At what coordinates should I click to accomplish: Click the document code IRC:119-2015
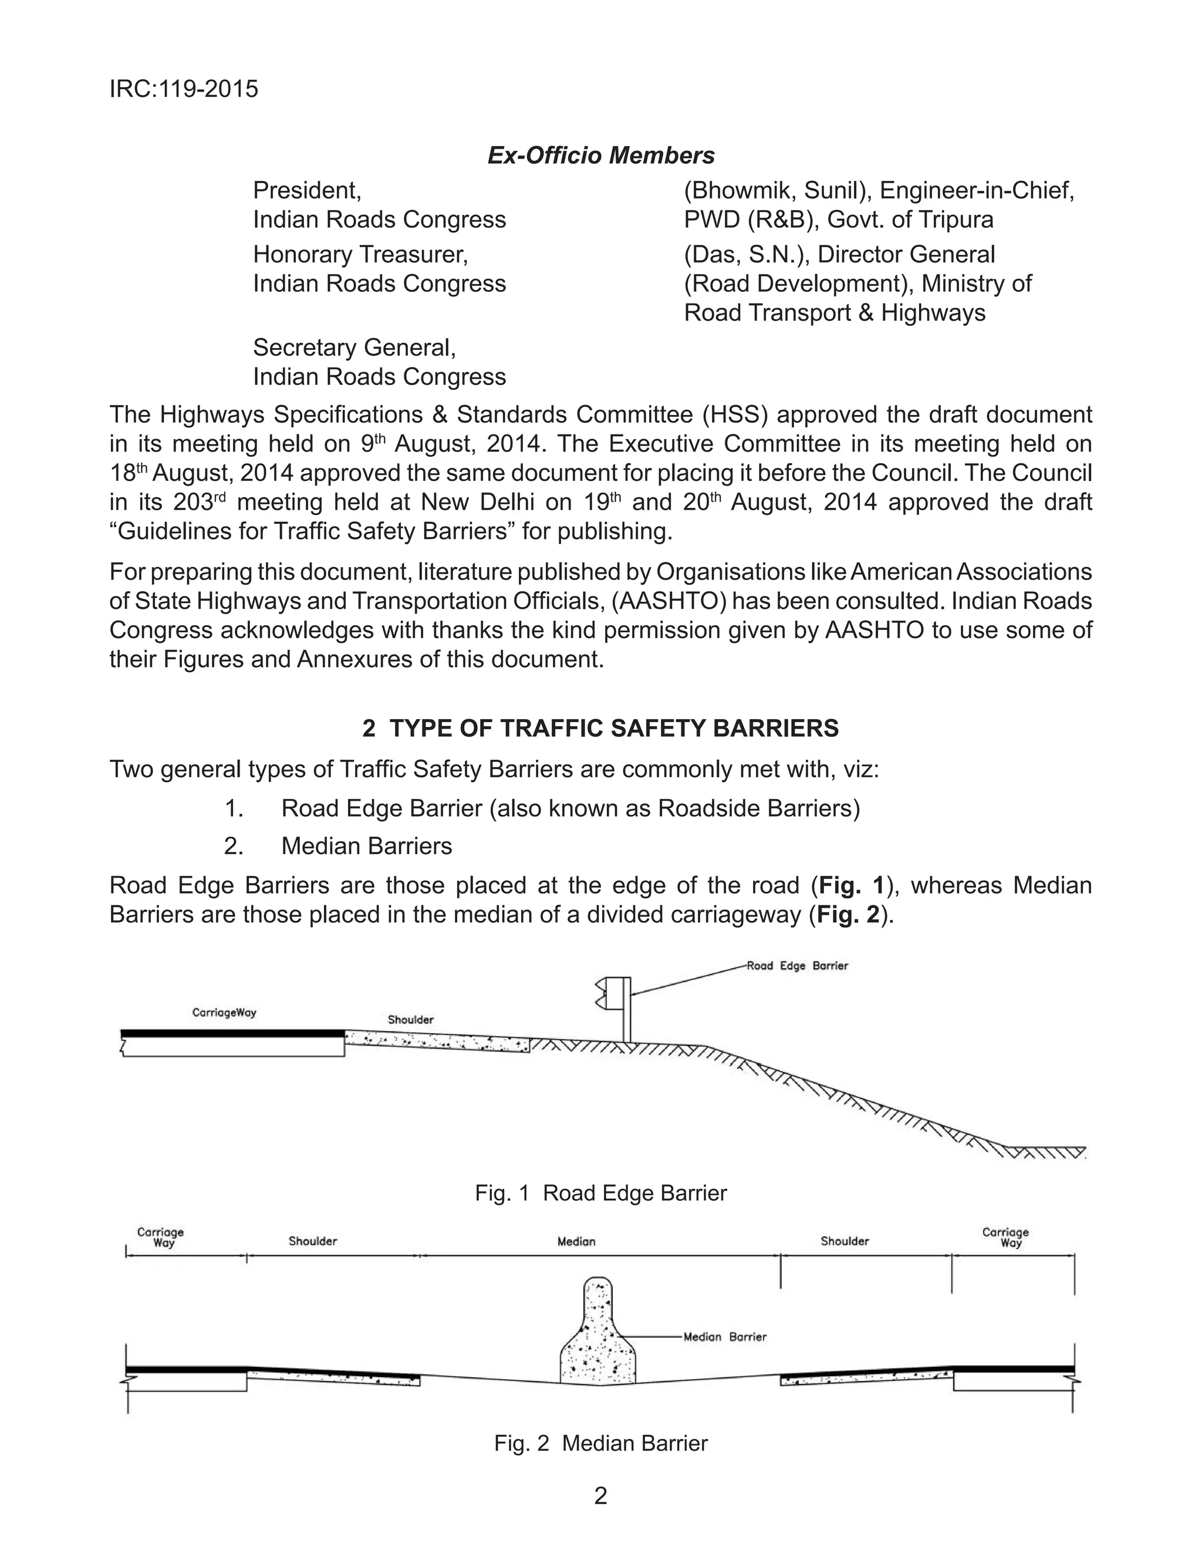click(x=183, y=89)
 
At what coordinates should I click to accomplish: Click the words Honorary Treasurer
click(x=360, y=255)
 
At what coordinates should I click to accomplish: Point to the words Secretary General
click(x=354, y=348)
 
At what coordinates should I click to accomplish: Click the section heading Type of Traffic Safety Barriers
click(x=600, y=729)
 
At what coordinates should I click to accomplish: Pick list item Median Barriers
click(x=366, y=847)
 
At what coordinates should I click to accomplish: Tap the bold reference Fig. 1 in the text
click(x=852, y=886)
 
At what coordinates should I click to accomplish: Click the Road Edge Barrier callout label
click(x=797, y=966)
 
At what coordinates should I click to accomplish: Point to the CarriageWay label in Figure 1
click(x=225, y=1012)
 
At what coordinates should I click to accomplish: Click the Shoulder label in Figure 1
click(x=411, y=1020)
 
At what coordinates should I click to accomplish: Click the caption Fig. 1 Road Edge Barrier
click(x=600, y=1193)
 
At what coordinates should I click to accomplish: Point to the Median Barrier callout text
click(x=725, y=1337)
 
